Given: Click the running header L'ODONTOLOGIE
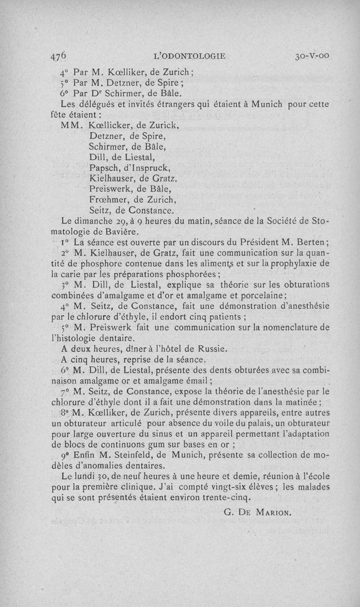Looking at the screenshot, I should click(x=189, y=56).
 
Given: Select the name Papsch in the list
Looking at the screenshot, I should click(x=104, y=168).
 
